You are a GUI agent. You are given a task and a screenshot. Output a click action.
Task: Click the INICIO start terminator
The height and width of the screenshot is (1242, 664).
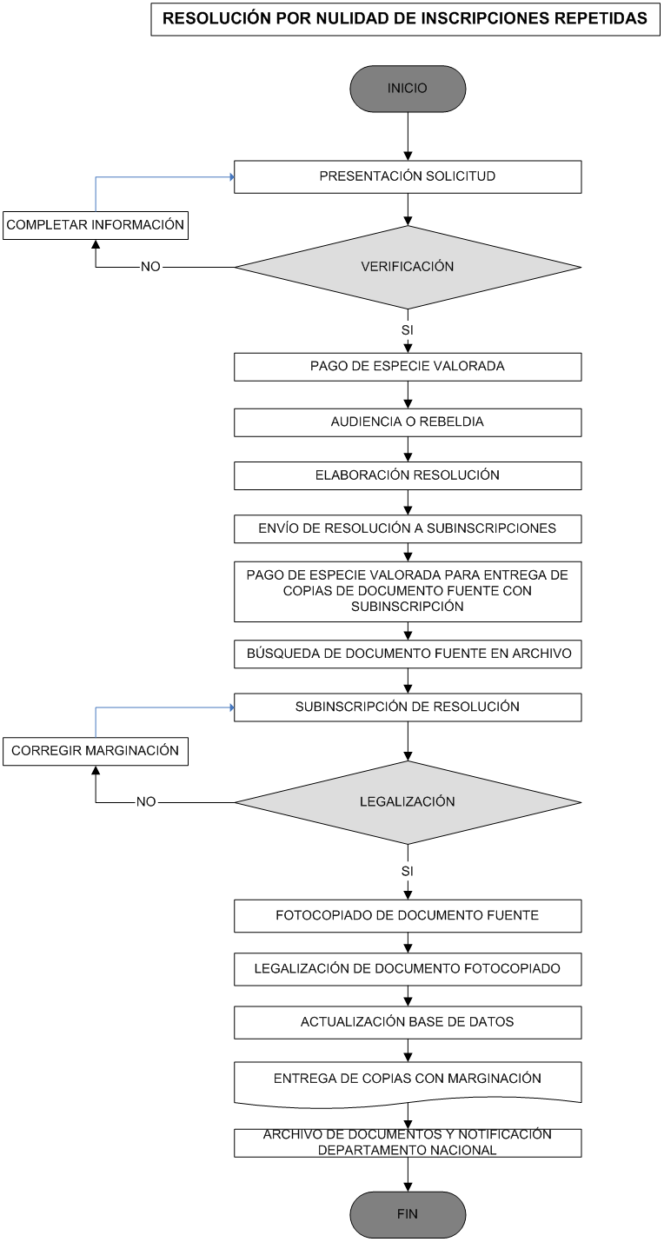408,89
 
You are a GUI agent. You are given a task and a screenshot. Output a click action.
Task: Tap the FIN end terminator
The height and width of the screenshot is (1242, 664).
408,1213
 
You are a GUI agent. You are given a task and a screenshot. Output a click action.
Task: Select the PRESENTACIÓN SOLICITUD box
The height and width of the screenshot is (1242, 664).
408,177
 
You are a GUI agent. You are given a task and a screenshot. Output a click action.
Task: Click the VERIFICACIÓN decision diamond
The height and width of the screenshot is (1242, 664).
408,267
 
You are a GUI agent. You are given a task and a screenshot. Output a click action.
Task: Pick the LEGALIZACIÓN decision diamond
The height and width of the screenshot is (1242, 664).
408,802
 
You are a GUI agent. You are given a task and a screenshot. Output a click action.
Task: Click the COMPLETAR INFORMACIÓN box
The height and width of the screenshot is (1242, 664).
96,225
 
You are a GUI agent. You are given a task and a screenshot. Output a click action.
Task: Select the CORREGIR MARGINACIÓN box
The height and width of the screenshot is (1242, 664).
96,751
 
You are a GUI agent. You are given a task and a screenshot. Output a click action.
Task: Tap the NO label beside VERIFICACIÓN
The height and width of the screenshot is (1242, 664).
150,267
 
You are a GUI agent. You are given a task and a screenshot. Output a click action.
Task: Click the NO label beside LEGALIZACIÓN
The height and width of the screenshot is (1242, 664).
146,801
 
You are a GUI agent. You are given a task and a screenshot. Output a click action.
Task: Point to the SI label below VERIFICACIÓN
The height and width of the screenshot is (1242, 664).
408,330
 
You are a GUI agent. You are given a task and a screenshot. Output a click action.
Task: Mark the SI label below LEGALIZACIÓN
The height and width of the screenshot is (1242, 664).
408,871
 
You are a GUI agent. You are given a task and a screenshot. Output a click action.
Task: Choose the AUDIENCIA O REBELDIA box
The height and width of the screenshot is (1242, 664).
408,422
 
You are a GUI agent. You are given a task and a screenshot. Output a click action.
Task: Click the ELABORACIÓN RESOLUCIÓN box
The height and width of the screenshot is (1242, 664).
408,475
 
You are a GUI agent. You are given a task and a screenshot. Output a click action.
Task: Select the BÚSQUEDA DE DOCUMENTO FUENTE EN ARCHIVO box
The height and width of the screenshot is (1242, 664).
408,654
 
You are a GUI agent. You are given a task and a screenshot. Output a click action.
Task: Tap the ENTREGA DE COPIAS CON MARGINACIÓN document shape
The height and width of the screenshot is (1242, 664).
408,1084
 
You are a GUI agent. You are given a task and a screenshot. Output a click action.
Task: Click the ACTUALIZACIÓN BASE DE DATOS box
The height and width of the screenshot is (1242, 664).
408,1022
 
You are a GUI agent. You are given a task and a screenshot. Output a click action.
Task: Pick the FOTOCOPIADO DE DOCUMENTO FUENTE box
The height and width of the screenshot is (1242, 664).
408,915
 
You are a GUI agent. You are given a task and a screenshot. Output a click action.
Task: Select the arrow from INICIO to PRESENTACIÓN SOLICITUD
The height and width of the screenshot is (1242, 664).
408,136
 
